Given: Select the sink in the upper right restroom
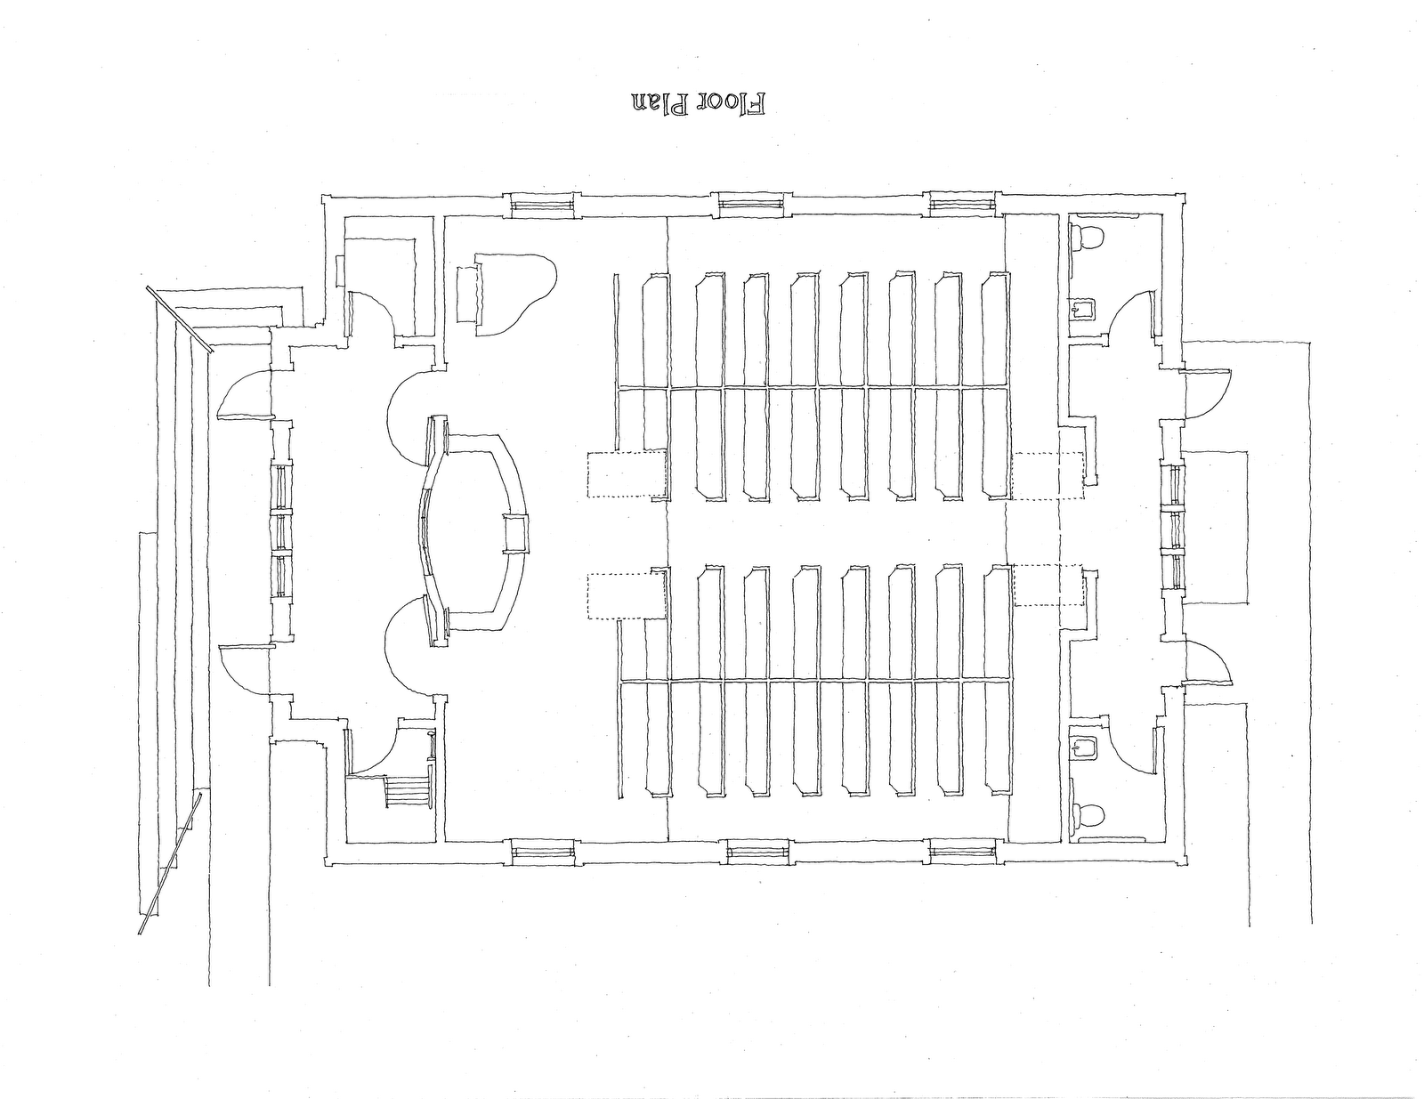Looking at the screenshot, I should (x=1083, y=310).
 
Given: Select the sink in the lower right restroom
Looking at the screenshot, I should (x=1083, y=746).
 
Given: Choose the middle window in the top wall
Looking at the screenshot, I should (x=753, y=204).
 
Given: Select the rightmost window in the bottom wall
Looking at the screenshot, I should (x=962, y=852).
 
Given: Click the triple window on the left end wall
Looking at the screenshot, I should (x=280, y=531).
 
